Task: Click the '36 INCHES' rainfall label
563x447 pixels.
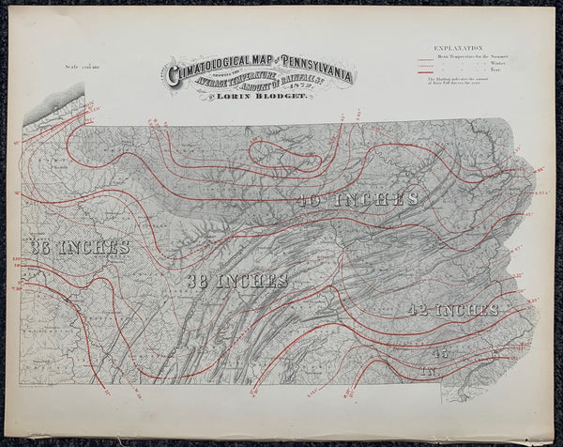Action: [x=79, y=247]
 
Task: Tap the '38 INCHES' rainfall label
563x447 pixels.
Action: [x=236, y=281]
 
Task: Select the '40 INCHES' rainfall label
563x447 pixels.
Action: [x=358, y=199]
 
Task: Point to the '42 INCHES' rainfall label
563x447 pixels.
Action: [x=452, y=309]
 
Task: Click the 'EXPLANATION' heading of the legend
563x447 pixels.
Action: [x=458, y=47]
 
